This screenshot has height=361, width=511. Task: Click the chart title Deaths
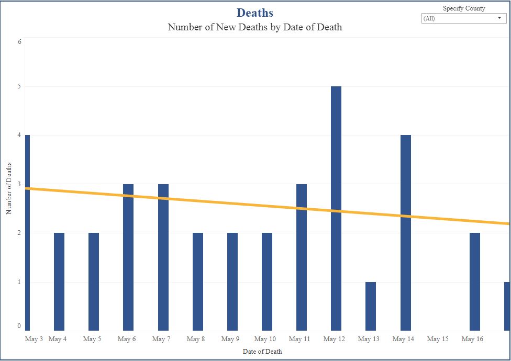coord(255,13)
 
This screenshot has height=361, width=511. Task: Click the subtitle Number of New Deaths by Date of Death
coord(255,27)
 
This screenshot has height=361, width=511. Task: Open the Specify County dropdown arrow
coord(499,18)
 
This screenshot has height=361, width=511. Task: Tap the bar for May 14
coord(406,233)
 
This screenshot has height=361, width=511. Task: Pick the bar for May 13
coord(371,306)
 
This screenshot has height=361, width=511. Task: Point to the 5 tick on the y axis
coord(19,86)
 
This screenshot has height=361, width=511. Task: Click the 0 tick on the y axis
coord(19,326)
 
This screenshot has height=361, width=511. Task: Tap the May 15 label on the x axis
coord(438,339)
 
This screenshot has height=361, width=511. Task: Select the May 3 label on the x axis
coord(34,339)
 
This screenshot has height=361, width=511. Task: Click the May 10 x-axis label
coord(265,339)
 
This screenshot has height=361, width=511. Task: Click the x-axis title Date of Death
coord(262,352)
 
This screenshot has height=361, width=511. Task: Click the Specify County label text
coord(464,8)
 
